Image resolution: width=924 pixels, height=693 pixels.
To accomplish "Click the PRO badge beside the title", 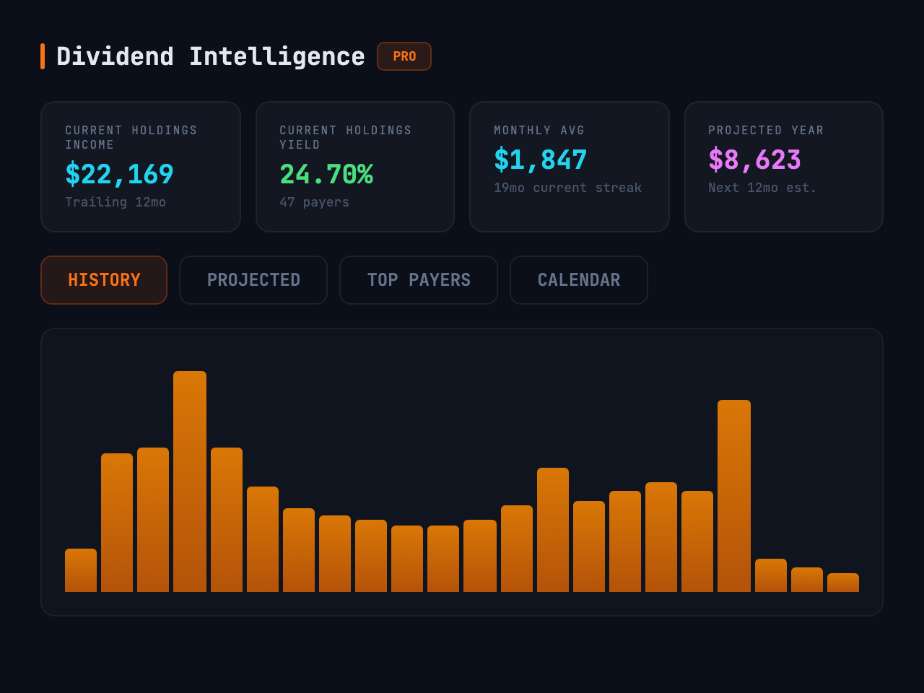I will point(404,56).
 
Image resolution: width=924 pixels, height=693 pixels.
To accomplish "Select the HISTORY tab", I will point(104,280).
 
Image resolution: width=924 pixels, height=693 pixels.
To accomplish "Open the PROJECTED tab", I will point(253,280).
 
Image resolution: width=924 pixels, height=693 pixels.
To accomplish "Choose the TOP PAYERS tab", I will point(419,280).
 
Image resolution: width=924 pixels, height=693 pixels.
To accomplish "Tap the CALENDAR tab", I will point(579,280).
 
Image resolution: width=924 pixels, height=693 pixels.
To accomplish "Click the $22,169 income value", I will point(120,174).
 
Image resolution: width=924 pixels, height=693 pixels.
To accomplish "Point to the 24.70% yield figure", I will point(326,174).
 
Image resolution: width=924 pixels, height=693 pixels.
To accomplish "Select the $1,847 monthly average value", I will point(541,160).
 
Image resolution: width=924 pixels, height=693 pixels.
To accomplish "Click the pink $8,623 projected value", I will point(755,160).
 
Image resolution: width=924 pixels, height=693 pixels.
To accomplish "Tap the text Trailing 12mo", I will point(115,202).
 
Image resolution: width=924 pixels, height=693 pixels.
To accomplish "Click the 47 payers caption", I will point(315,202).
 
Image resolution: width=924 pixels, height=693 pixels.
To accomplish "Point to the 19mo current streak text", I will point(568,188).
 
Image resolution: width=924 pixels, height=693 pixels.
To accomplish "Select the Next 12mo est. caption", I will point(762,188).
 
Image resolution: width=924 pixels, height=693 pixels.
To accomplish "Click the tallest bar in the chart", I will point(190,481).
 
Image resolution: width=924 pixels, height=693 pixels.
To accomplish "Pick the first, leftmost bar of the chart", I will point(81,570).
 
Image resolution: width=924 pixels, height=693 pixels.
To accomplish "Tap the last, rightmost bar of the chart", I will point(843,583).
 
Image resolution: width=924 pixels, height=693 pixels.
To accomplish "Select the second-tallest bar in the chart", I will point(734,496).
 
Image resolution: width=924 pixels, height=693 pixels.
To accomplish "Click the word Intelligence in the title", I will point(277,56).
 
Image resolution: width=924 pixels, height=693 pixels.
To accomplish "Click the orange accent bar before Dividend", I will point(43,56).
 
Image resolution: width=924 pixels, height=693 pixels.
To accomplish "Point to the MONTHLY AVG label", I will point(539,131).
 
